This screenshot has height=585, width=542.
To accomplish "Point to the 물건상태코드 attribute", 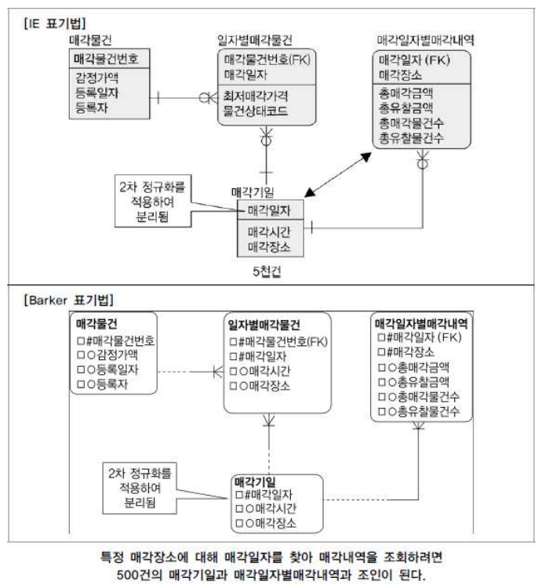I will pyautogui.click(x=255, y=111).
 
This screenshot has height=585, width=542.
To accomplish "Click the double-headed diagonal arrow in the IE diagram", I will pyautogui.click(x=336, y=175).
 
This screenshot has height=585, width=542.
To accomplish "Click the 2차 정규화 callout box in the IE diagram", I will pyautogui.click(x=153, y=201).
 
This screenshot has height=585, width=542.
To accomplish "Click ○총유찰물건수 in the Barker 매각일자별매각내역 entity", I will pyautogui.click(x=421, y=412).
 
